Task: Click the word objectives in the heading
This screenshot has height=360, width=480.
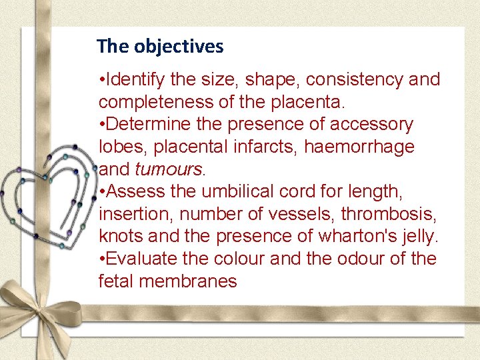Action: tap(179, 47)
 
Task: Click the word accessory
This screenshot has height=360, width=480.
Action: tap(376, 125)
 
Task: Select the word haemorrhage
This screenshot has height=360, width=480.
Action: tap(359, 147)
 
